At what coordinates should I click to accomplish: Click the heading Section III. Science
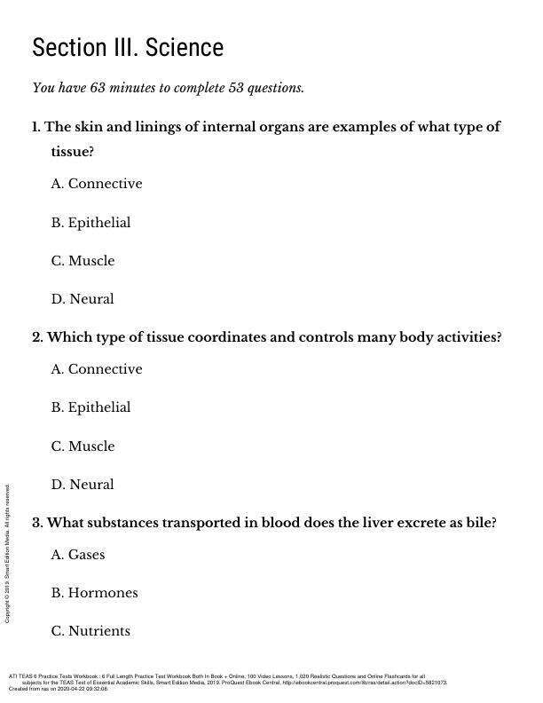pyautogui.click(x=128, y=47)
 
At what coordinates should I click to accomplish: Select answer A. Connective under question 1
pyautogui.click(x=97, y=184)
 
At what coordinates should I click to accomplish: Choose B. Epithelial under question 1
pyautogui.click(x=90, y=222)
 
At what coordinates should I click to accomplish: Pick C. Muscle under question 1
pyautogui.click(x=83, y=261)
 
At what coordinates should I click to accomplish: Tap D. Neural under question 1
pyautogui.click(x=83, y=299)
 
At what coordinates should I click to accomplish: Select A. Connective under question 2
pyautogui.click(x=97, y=369)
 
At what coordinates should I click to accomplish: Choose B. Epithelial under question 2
pyautogui.click(x=90, y=407)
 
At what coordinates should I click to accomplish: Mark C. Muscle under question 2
pyautogui.click(x=83, y=446)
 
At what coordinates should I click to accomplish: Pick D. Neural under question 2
pyautogui.click(x=83, y=485)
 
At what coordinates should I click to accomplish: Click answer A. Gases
pyautogui.click(x=78, y=555)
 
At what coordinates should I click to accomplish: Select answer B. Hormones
pyautogui.click(x=94, y=593)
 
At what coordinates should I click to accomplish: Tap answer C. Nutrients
pyautogui.click(x=90, y=631)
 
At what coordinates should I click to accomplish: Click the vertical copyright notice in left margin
pyautogui.click(x=7, y=553)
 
